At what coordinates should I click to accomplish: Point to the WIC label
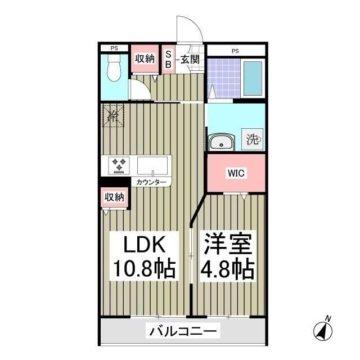(235, 173)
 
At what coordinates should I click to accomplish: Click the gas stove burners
(120, 165)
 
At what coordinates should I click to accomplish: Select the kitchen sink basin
(152, 166)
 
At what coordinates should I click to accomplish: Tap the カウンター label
(150, 182)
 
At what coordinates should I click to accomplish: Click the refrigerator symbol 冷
(112, 117)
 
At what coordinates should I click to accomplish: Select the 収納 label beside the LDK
(114, 197)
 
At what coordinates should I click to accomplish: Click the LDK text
(143, 246)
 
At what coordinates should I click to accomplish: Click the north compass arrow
(323, 330)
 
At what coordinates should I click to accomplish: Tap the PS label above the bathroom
(235, 51)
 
